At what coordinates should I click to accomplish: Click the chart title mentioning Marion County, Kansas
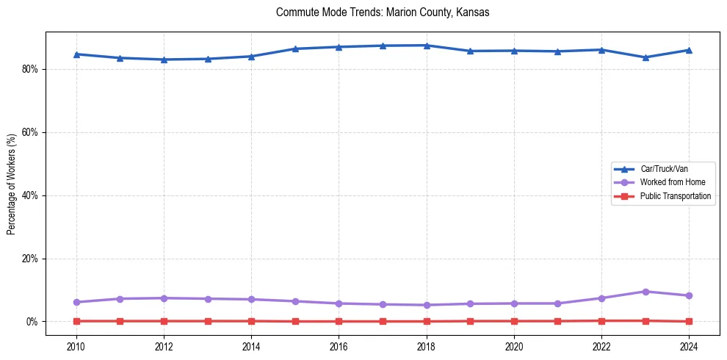pyautogui.click(x=383, y=12)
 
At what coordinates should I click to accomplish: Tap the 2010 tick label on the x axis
pyautogui.click(x=76, y=345)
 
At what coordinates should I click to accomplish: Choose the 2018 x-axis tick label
pyautogui.click(x=427, y=345)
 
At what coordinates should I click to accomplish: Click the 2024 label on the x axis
pyautogui.click(x=689, y=345)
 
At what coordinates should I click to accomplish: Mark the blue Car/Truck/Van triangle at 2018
pyautogui.click(x=427, y=46)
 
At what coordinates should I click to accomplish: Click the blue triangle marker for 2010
pyautogui.click(x=76, y=54)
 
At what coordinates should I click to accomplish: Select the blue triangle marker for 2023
pyautogui.click(x=645, y=57)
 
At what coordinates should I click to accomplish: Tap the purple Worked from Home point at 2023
pyautogui.click(x=645, y=292)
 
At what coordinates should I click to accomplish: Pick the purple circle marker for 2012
pyautogui.click(x=164, y=298)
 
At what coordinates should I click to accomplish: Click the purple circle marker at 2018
pyautogui.click(x=427, y=305)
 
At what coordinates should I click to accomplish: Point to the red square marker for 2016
pyautogui.click(x=339, y=321)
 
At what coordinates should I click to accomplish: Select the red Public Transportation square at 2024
pyautogui.click(x=689, y=321)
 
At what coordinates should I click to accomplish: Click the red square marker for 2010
pyautogui.click(x=76, y=321)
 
